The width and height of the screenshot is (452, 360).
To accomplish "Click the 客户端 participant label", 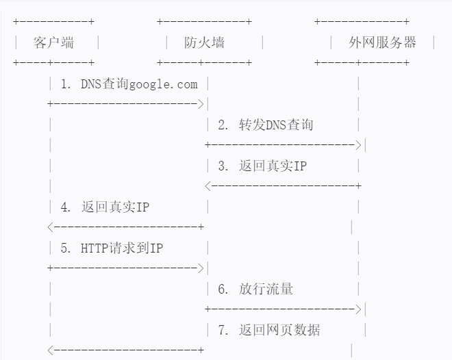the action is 53,42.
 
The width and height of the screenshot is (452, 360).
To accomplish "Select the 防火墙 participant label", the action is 204,42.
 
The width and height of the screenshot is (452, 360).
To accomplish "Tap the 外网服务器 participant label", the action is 382,42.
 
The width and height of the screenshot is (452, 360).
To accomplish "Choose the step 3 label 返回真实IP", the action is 262,166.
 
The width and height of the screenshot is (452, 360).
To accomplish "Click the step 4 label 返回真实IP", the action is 105,207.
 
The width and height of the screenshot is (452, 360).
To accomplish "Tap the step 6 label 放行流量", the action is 255,290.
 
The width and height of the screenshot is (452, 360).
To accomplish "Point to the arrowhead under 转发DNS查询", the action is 357,145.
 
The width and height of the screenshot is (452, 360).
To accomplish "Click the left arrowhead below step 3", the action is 208,186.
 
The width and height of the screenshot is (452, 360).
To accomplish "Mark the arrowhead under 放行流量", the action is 357,309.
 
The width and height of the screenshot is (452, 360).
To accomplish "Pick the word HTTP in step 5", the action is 95,248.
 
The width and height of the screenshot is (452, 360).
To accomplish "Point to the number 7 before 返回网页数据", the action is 222,331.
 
